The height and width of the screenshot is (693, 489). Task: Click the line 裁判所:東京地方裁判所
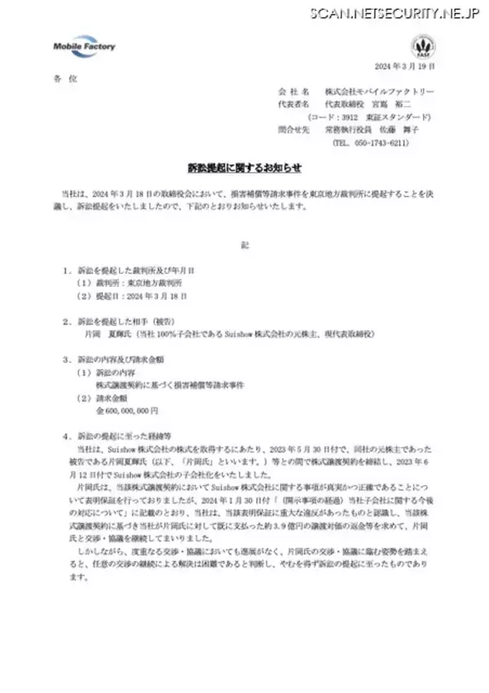click(x=132, y=283)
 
